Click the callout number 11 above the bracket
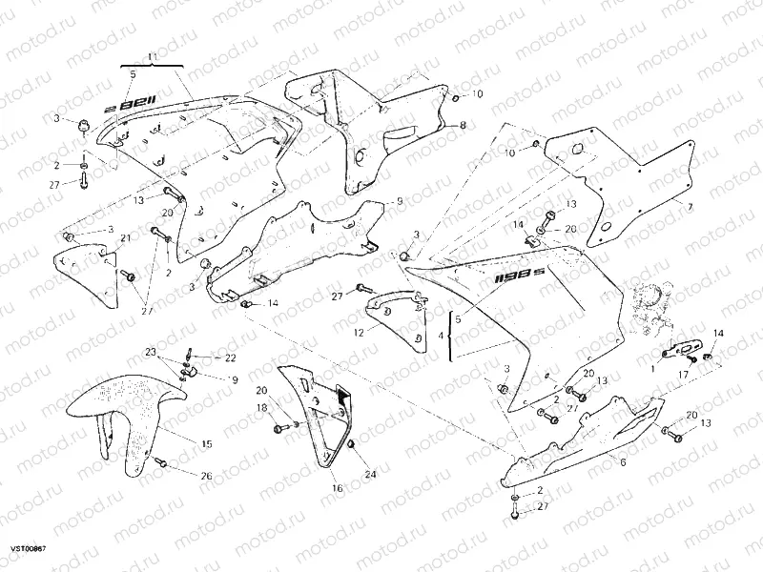(x=150, y=58)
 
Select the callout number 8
(x=463, y=126)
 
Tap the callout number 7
(x=691, y=205)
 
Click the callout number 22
(x=230, y=358)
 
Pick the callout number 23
(x=150, y=352)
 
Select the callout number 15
(x=206, y=444)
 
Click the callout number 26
(x=207, y=475)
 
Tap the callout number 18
(x=261, y=408)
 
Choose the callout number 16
(x=336, y=488)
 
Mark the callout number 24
(x=371, y=474)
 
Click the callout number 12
(x=360, y=333)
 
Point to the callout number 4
(x=440, y=337)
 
